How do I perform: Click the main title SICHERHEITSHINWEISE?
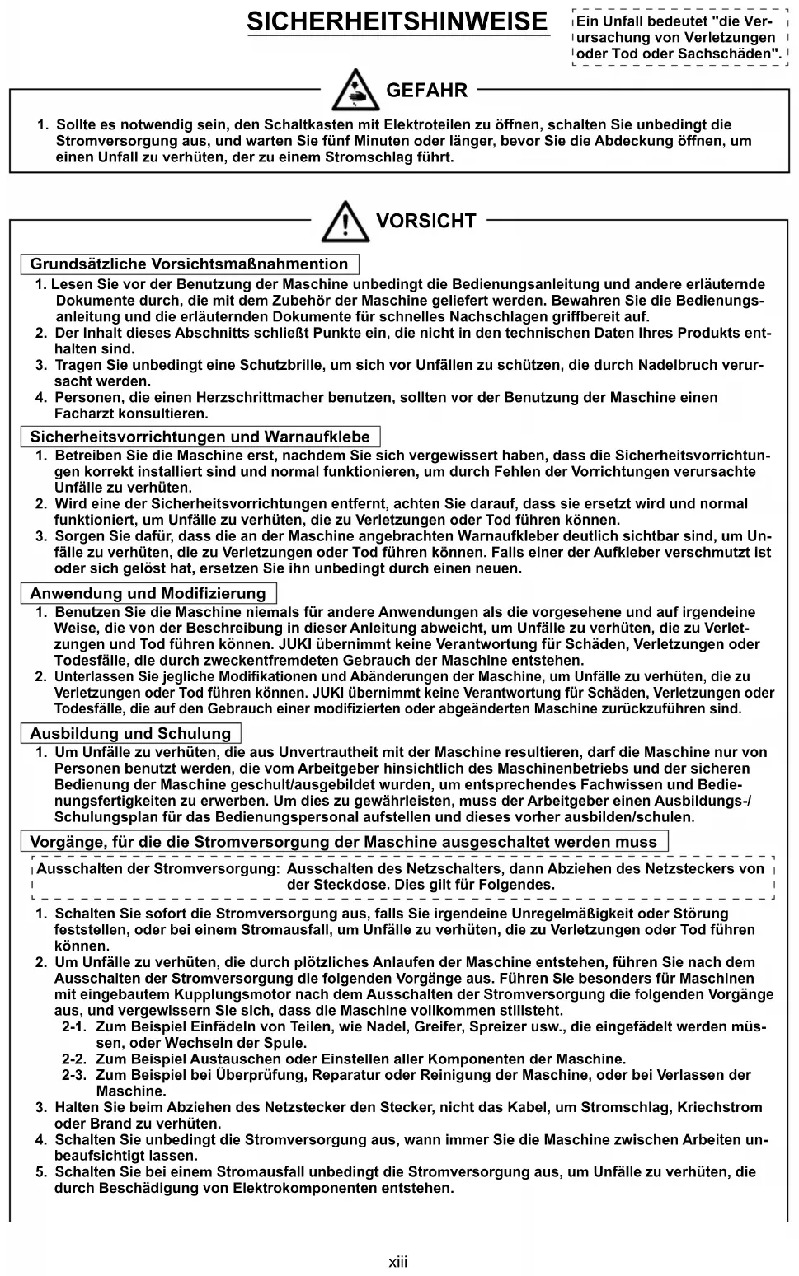pos(397,21)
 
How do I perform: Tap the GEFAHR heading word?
pos(426,91)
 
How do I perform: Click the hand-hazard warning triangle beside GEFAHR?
pos(355,91)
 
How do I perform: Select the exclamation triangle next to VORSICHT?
pos(345,221)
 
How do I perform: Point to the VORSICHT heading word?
pos(425,221)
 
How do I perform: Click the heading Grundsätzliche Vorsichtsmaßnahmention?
pos(189,264)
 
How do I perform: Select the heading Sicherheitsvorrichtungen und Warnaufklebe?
pos(200,437)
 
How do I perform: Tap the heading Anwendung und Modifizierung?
pos(148,594)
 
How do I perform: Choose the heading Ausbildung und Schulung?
pos(130,734)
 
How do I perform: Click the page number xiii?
pos(398,1261)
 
